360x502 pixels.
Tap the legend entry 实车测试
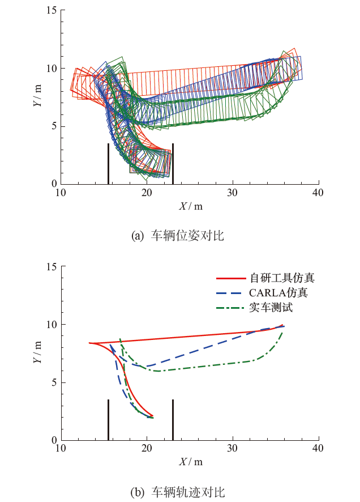click(x=271, y=308)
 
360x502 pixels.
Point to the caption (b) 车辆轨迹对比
click(x=177, y=491)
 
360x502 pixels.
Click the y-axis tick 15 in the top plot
click(x=52, y=10)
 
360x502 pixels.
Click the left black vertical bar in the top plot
click(x=108, y=164)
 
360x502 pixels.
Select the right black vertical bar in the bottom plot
click(x=173, y=419)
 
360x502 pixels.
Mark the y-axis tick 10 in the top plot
click(x=52, y=69)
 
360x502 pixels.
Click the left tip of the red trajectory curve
click(x=89, y=343)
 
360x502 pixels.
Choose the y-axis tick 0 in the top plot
click(x=54, y=184)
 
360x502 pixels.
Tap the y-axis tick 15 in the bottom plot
click(x=52, y=266)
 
